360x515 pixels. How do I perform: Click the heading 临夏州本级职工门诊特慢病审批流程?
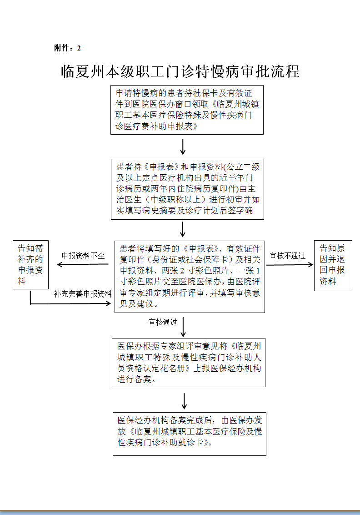[180, 71]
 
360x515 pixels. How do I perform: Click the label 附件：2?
[67, 48]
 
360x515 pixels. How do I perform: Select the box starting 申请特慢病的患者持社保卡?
[187, 110]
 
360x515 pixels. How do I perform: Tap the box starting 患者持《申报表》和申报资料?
[187, 189]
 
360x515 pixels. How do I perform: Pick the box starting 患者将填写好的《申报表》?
[190, 277]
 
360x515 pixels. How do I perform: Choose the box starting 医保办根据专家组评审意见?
[188, 363]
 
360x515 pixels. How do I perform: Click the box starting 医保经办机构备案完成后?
[190, 434]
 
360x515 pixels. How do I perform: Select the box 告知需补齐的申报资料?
[30, 265]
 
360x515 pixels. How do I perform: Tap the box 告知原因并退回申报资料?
[333, 266]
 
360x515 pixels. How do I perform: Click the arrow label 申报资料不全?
[83, 256]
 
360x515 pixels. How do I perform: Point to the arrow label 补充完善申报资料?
[83, 294]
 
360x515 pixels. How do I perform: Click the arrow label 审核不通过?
[287, 256]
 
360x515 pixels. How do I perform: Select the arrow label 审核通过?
[163, 322]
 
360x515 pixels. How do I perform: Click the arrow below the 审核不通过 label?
[290, 265]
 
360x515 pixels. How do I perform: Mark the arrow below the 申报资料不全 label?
[83, 264]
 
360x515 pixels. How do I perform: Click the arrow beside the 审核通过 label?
[183, 327]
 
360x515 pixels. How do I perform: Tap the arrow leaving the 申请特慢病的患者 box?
[183, 147]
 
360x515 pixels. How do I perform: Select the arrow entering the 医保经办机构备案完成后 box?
[184, 401]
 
